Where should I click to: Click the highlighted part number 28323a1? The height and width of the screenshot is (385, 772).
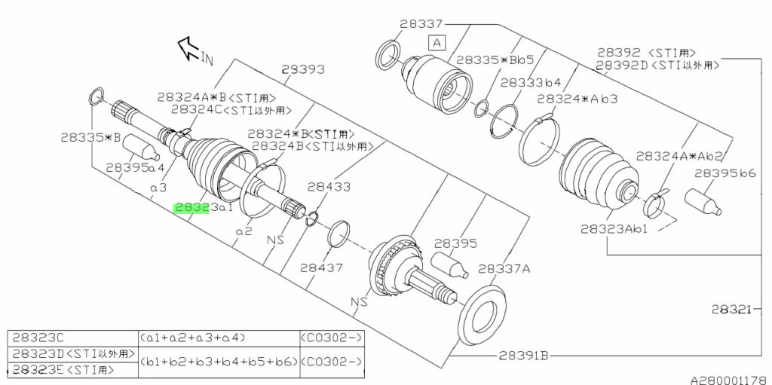click(202, 208)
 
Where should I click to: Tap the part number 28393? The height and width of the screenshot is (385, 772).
click(302, 69)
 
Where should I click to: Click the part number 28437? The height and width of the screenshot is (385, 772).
click(321, 267)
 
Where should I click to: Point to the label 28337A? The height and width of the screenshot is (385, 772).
click(504, 268)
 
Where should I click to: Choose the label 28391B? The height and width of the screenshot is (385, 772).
click(522, 355)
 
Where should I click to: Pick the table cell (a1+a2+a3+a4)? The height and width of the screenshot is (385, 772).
click(192, 337)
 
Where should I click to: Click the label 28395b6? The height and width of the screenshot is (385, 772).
click(725, 173)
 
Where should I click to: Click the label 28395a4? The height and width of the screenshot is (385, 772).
click(135, 168)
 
